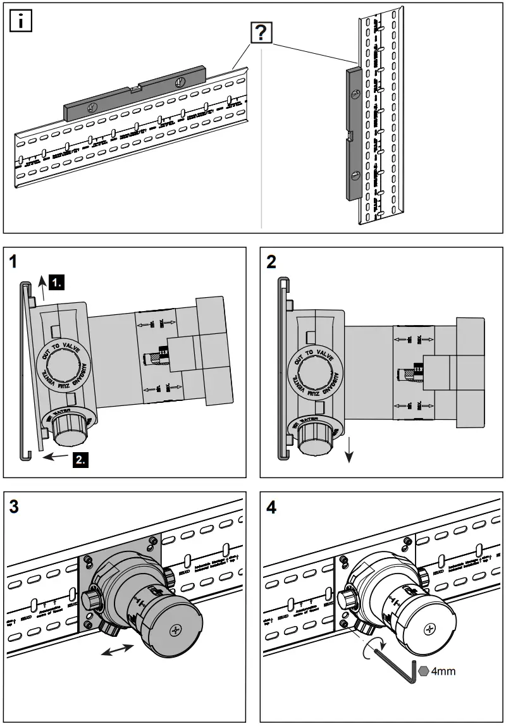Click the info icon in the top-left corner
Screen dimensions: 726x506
[22, 22]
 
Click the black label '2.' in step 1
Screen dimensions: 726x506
[81, 460]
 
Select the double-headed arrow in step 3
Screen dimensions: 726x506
[118, 651]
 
